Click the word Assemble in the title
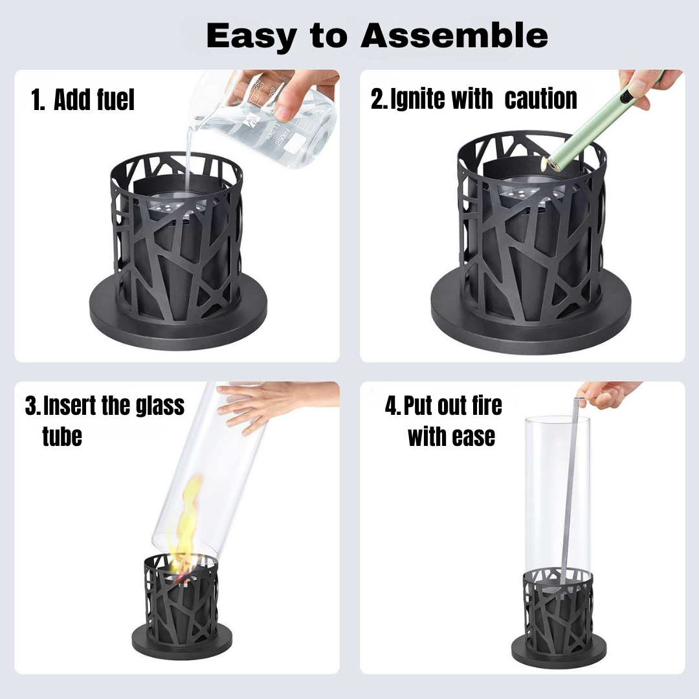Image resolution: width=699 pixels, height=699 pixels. click(x=454, y=35)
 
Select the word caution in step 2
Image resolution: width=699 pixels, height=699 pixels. click(x=540, y=98)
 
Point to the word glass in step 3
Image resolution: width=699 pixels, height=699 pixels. click(x=160, y=405)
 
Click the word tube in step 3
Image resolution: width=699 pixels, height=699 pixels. click(x=62, y=436)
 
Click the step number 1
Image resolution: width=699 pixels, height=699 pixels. click(x=37, y=99)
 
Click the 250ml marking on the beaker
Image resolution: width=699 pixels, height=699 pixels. click(x=283, y=135)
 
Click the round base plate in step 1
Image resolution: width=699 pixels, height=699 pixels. click(x=179, y=312)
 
